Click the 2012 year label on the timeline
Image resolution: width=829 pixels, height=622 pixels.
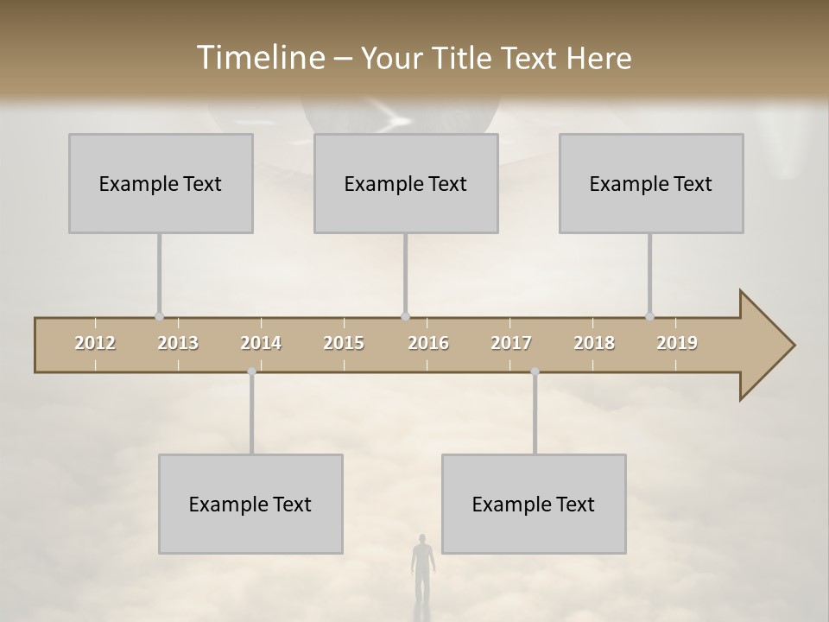95,343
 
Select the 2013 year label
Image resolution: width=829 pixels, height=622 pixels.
178,343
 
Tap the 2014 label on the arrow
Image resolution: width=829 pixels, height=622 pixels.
261,343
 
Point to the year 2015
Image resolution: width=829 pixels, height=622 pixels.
344,343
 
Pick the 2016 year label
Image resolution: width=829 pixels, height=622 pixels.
428,343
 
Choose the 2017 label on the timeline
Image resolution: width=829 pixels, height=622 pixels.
511,343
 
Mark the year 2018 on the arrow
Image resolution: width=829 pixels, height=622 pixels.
594,343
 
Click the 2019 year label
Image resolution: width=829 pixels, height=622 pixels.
677,343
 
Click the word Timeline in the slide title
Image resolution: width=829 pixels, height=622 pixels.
259,58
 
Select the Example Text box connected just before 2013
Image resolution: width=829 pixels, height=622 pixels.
161,183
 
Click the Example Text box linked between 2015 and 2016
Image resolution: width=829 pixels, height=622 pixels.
406,183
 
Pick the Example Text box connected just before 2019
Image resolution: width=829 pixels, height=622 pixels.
651,183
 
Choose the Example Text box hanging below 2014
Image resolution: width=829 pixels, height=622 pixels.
250,504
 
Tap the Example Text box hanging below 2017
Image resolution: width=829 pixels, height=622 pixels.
534,504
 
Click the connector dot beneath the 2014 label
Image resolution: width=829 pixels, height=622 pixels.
251,371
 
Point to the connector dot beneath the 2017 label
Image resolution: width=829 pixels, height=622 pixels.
535,371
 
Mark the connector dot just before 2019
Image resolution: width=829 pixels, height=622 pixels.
650,316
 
